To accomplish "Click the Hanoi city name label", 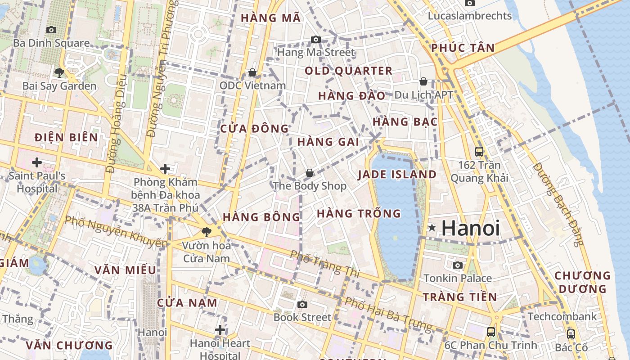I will point(470,228).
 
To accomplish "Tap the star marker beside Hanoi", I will point(432,228).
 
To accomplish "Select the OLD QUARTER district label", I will point(349,71).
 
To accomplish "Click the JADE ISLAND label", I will point(397,175).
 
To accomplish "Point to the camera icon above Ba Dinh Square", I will point(51,30).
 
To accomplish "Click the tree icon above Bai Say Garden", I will point(59,72).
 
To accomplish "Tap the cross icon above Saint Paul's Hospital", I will point(37,162).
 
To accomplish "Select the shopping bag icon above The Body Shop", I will point(310,172).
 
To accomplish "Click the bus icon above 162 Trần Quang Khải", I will point(479,151).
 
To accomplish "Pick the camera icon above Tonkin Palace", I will point(458,265).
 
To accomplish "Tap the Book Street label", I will point(302,317).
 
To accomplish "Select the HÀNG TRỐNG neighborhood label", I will point(359,213).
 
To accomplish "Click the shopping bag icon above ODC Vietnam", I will point(252,72).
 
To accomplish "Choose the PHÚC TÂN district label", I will point(463,48).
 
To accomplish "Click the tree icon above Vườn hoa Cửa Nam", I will point(207,232).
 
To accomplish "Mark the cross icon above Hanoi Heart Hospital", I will point(220,330).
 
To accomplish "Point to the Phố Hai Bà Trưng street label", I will point(388,313).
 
